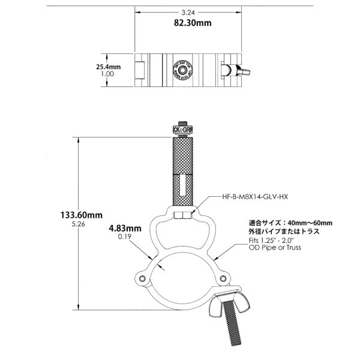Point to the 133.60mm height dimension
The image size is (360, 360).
[82, 214]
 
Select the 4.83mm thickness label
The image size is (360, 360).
[125, 228]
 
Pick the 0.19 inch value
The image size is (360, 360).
[125, 237]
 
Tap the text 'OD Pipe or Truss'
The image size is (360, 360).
[271, 247]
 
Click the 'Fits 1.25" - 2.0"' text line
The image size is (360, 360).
[269, 239]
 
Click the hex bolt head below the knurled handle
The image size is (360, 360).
[180, 214]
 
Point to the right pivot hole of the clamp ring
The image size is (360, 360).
[223, 278]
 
